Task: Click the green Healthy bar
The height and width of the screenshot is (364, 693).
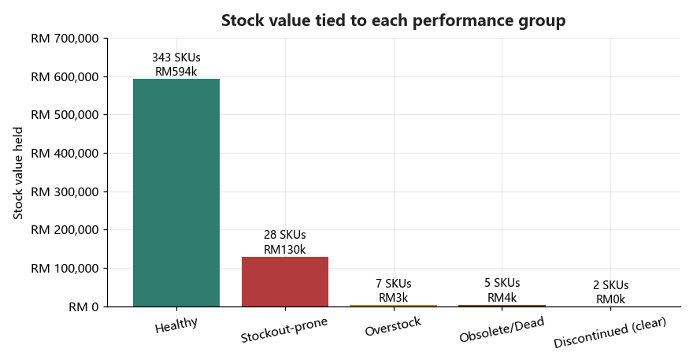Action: pyautogui.click(x=176, y=192)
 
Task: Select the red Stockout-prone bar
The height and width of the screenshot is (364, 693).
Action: pyautogui.click(x=285, y=281)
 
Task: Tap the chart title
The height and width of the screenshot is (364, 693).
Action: pyautogui.click(x=393, y=20)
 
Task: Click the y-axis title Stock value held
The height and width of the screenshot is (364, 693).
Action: pyautogui.click(x=17, y=173)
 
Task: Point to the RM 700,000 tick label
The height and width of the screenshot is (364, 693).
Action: pyautogui.click(x=65, y=39)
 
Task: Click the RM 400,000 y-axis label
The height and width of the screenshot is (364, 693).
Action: pyautogui.click(x=65, y=154)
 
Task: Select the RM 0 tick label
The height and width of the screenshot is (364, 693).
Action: pyautogui.click(x=83, y=307)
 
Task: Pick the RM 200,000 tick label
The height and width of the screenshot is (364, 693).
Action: pyautogui.click(x=65, y=230)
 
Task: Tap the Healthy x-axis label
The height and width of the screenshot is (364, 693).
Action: pyautogui.click(x=176, y=325)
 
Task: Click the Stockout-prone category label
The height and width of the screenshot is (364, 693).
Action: pyautogui.click(x=284, y=330)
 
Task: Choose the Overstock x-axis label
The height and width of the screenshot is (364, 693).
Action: pyautogui.click(x=393, y=326)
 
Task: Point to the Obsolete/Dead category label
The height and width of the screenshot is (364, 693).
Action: pyautogui.click(x=502, y=329)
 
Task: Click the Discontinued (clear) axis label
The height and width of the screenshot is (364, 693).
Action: pyautogui.click(x=610, y=332)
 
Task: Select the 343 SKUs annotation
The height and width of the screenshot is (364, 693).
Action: pyautogui.click(x=176, y=58)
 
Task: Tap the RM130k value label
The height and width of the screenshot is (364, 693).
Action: pyautogui.click(x=284, y=250)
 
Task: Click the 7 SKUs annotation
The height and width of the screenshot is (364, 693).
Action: pyautogui.click(x=393, y=283)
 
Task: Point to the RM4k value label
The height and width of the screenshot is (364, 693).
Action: pyautogui.click(x=502, y=298)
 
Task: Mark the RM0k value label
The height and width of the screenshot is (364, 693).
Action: pyautogui.click(x=611, y=299)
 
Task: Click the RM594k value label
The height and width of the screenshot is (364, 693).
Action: pyautogui.click(x=176, y=72)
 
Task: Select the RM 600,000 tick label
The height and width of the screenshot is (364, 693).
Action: pyautogui.click(x=65, y=77)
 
